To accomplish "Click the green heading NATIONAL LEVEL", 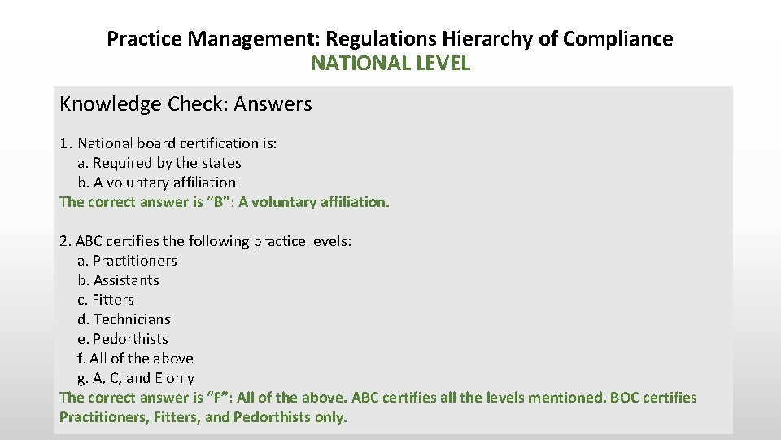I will (390, 64).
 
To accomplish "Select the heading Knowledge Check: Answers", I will (185, 104).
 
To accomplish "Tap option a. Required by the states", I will (159, 163).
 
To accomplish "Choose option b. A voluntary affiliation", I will (156, 183).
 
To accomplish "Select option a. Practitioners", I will (127, 261).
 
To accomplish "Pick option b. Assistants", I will (118, 280).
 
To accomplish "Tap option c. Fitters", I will (106, 300).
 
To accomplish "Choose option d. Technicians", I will (124, 319).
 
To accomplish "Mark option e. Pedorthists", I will (123, 339).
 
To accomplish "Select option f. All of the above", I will (135, 359).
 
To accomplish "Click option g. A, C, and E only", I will (136, 378).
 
